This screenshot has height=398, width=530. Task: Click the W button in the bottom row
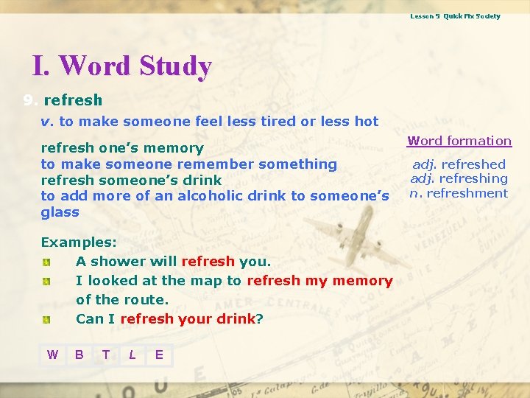tap(52, 355)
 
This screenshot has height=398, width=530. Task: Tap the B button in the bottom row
tap(79, 355)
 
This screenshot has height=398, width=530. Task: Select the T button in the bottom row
tap(106, 355)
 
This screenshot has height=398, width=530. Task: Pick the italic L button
tap(132, 355)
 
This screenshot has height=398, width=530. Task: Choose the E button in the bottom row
tap(159, 355)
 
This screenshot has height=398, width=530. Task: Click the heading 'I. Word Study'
tap(121, 66)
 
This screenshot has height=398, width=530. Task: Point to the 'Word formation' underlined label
tap(459, 141)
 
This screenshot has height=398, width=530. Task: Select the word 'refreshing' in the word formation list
tap(474, 178)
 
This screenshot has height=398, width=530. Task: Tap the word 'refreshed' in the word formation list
tap(473, 164)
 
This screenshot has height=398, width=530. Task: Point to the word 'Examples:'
tap(68, 242)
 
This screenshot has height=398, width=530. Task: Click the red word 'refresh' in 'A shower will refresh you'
tap(208, 262)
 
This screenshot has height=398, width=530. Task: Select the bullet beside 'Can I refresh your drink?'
tap(46, 320)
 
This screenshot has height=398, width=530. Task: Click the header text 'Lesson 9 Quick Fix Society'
tap(455, 16)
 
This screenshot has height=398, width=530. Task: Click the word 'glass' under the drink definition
tap(60, 212)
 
